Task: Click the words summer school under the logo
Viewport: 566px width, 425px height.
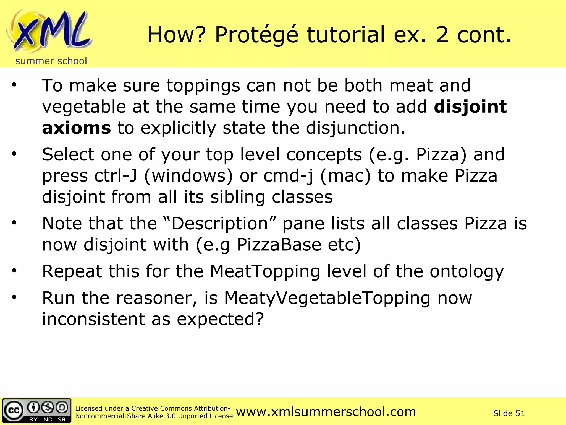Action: tap(51, 61)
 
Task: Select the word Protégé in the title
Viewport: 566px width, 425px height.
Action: tap(256, 35)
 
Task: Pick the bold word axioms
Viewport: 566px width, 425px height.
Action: tap(76, 128)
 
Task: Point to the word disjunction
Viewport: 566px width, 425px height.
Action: tap(355, 128)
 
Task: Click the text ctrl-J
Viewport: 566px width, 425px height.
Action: tap(116, 176)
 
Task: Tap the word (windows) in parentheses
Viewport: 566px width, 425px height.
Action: tap(188, 176)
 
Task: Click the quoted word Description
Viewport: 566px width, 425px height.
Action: tap(220, 223)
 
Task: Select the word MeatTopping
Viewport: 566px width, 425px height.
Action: tap(265, 271)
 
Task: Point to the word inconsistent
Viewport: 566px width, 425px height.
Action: tap(93, 319)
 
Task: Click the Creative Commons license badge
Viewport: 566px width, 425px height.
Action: tap(36, 411)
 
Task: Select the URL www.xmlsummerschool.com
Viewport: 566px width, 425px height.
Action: tap(326, 412)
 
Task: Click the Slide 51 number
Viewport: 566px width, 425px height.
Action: tap(509, 413)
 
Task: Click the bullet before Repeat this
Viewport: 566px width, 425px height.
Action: tap(14, 270)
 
